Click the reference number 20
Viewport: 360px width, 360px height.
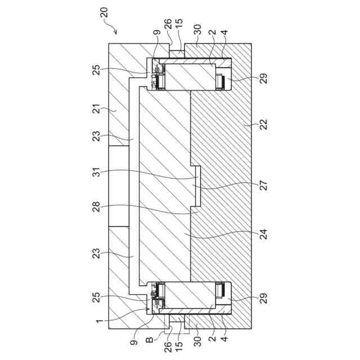pos(104,12)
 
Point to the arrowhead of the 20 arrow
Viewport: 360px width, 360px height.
pos(115,33)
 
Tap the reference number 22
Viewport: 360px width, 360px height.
pos(264,124)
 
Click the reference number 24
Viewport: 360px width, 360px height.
pos(264,234)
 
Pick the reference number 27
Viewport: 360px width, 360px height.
pos(264,186)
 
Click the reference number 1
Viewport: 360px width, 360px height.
pos(100,321)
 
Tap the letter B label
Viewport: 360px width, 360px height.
pos(150,339)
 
